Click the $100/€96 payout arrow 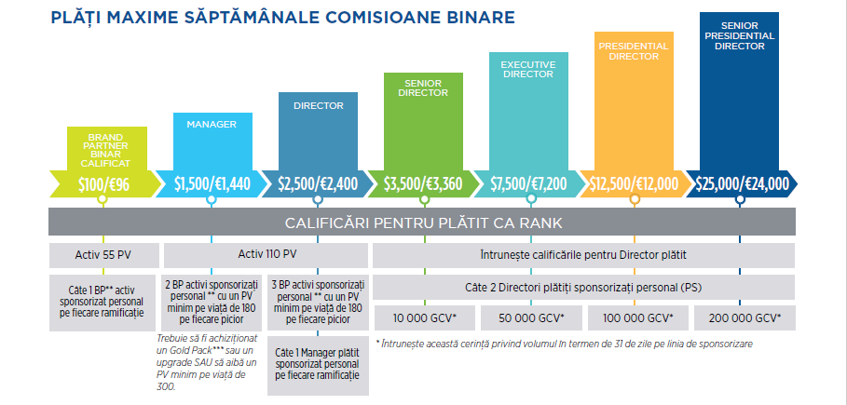click(102, 183)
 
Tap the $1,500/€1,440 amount click(212, 183)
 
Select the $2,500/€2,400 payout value click(319, 183)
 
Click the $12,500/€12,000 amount click(635, 183)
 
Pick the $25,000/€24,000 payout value click(742, 183)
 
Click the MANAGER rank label click(212, 124)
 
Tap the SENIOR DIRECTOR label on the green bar click(425, 88)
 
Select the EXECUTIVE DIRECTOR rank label click(528, 68)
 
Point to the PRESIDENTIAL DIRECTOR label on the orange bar click(634, 50)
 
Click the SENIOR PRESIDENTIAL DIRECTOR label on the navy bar click(741, 34)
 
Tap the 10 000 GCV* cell click(425, 318)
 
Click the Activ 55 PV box click(102, 253)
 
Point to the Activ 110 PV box click(265, 253)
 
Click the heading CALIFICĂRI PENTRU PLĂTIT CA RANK click(422, 222)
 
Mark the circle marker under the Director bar click(318, 199)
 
